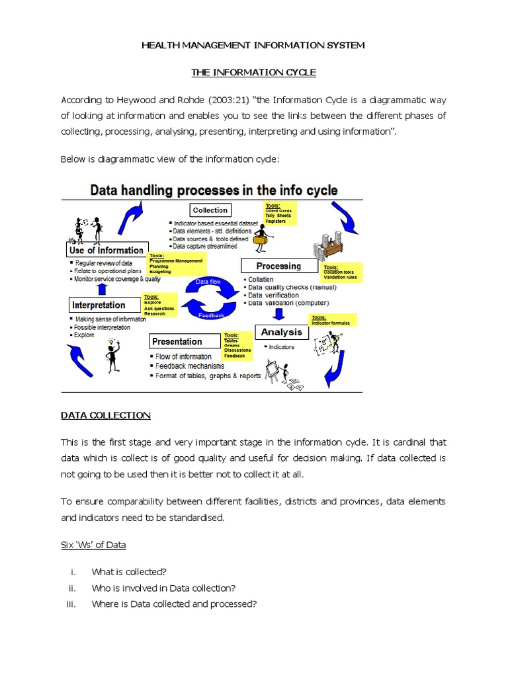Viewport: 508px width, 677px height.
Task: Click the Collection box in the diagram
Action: point(210,210)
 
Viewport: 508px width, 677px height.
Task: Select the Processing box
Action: point(278,266)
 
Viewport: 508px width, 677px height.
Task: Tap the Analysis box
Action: point(282,332)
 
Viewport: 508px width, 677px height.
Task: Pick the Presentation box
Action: point(177,341)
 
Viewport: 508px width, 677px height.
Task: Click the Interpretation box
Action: point(99,305)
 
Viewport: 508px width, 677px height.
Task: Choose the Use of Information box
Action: point(106,251)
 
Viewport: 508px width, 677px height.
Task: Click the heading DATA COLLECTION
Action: point(106,415)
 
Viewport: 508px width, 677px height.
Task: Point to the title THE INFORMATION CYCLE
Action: point(253,72)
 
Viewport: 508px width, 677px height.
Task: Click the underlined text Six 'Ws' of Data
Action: point(93,545)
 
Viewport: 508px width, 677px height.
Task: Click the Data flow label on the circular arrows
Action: point(208,282)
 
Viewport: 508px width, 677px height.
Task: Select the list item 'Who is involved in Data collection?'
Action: point(163,588)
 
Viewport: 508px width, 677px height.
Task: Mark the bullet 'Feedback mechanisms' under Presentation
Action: point(189,366)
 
